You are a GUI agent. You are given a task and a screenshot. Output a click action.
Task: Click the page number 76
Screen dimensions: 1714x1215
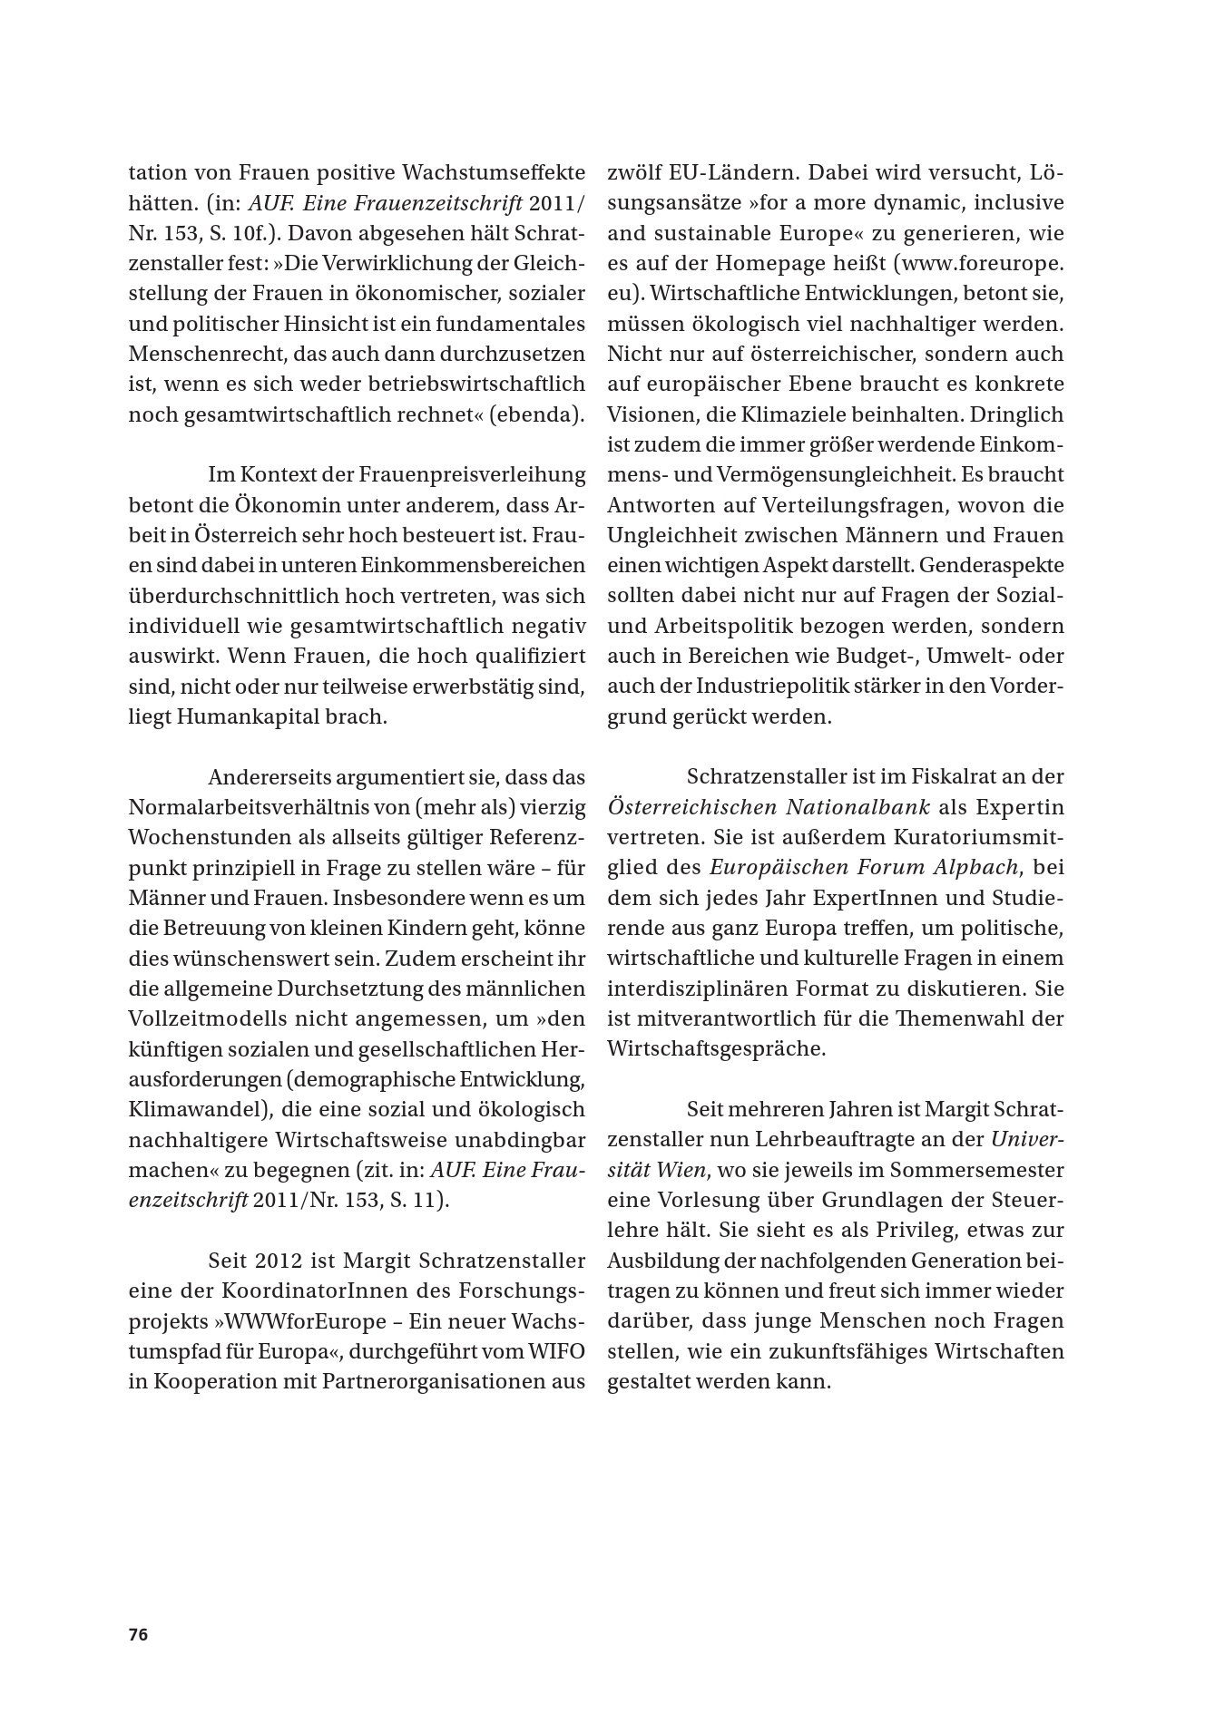tap(138, 1634)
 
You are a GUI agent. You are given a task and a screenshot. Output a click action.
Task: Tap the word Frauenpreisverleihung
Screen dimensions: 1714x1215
tap(473, 474)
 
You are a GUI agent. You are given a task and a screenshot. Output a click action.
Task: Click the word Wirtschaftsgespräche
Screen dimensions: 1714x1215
tap(716, 1049)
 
